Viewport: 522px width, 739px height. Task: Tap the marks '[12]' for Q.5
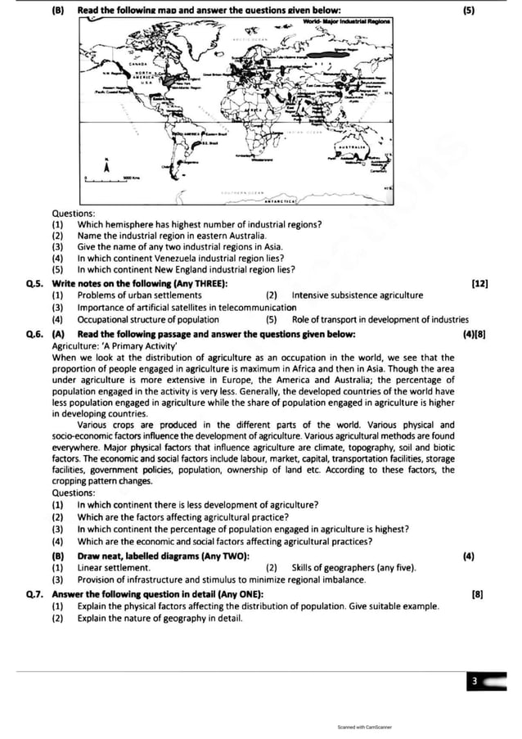point(479,283)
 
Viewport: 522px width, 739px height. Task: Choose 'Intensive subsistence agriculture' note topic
point(358,295)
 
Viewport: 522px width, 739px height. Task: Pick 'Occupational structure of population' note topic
point(148,319)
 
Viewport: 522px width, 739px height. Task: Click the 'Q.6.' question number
point(34,334)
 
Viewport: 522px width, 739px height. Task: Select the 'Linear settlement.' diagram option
point(114,568)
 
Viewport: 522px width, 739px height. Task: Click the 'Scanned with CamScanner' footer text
point(364,726)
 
